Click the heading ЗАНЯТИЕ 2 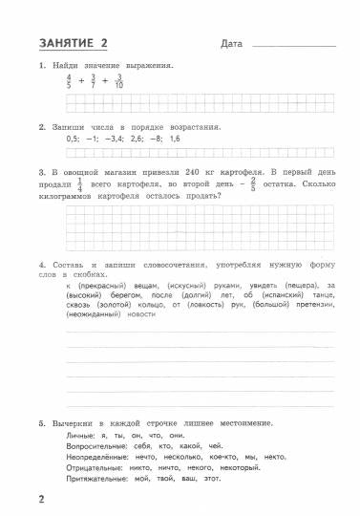click(x=74, y=42)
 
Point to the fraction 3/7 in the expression click(x=94, y=83)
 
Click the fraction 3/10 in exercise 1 click(x=118, y=83)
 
